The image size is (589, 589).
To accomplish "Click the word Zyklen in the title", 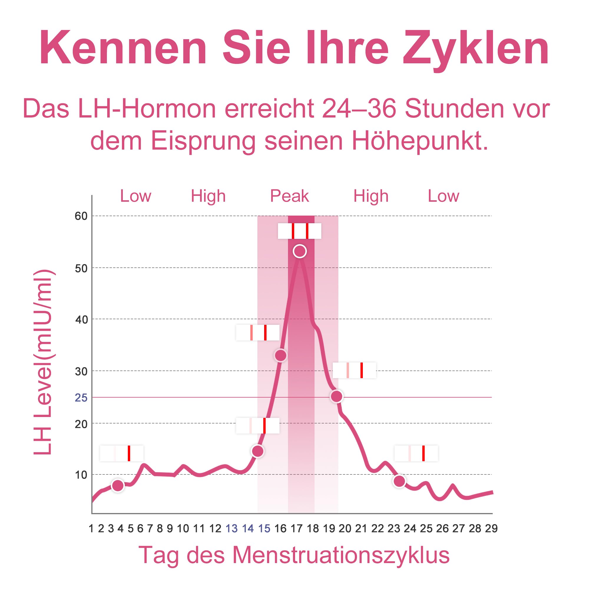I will tap(476, 49).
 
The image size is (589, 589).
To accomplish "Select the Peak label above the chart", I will tap(289, 196).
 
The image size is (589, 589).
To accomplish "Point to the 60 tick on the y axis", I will tap(81, 216).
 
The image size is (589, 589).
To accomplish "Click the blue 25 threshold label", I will tap(81, 398).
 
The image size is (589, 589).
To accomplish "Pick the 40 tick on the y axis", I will tap(81, 320).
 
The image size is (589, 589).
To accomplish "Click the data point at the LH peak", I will tap(300, 251).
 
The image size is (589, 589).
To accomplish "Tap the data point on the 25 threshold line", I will tap(337, 396).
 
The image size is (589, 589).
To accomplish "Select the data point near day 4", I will tap(118, 486).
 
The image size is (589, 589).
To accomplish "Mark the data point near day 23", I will tap(399, 481).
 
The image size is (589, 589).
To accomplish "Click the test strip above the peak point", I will tap(300, 231).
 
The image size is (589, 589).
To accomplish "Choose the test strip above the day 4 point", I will tap(122, 453).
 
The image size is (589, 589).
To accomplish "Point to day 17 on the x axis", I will tap(296, 528).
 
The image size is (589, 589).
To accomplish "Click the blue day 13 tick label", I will tap(231, 528).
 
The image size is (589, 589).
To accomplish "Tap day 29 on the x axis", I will tap(491, 528).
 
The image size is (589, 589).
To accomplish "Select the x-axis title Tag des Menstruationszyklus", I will tap(294, 555).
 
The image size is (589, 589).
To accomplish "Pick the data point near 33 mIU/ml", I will tap(280, 355).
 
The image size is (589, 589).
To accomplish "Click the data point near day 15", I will tap(258, 451).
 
